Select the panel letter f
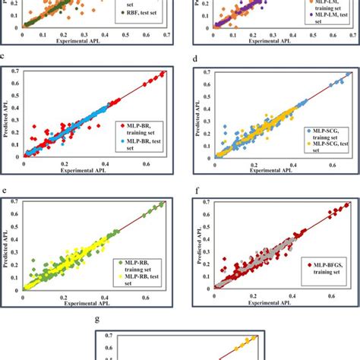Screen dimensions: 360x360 point(196,192)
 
